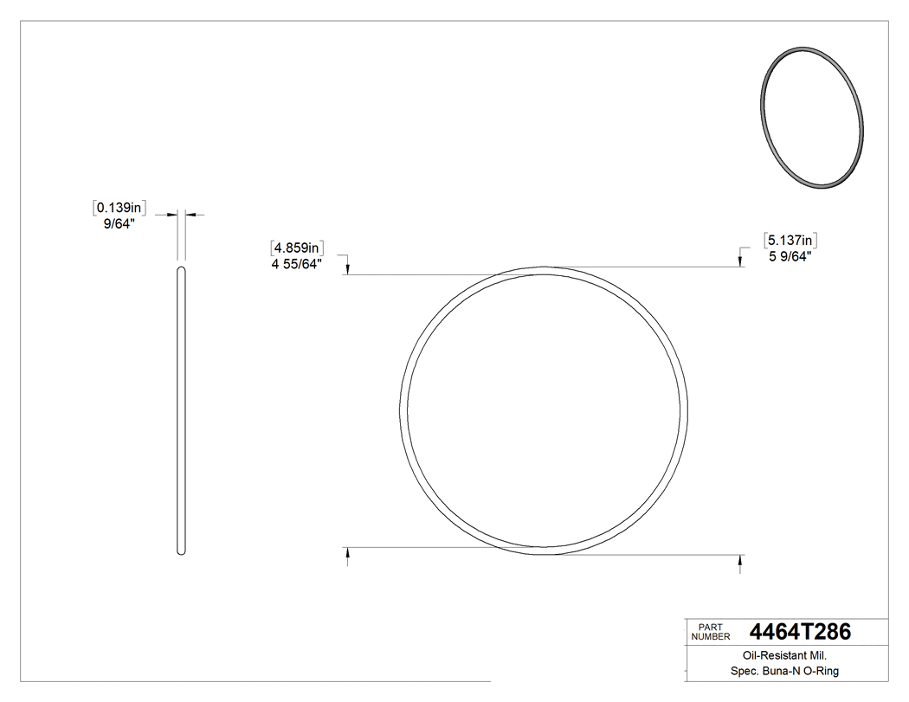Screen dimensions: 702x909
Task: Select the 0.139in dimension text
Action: pyautogui.click(x=119, y=208)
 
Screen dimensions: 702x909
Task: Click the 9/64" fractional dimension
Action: pyautogui.click(x=119, y=223)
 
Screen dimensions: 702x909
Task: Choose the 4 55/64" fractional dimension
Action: pyautogui.click(x=297, y=264)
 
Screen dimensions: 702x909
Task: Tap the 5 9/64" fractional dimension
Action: pyautogui.click(x=790, y=256)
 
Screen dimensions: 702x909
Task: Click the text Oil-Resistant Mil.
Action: pyautogui.click(x=786, y=656)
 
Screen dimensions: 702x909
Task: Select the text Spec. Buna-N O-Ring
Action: pyautogui.click(x=786, y=672)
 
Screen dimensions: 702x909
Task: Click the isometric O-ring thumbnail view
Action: pyautogui.click(x=810, y=117)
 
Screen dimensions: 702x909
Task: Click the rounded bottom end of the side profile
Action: pyautogui.click(x=181, y=552)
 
